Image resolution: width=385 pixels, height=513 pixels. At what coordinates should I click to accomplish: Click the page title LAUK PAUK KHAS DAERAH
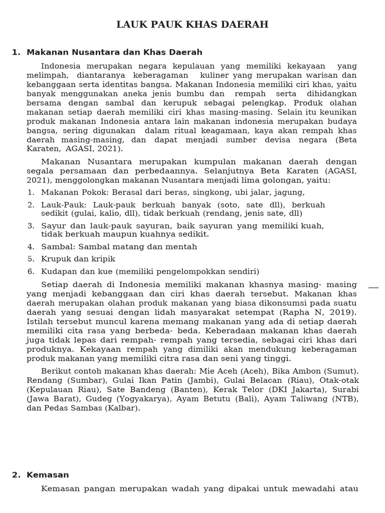click(192, 25)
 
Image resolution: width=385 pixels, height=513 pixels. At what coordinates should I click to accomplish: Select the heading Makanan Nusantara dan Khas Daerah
click(114, 52)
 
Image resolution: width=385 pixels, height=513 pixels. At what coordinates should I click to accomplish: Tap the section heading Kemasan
click(48, 475)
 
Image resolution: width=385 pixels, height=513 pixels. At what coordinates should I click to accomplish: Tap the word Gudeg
click(99, 399)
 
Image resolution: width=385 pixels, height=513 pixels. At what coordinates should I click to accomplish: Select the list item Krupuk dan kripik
click(78, 259)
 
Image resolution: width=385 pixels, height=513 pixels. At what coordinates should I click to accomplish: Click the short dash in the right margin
click(373, 288)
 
